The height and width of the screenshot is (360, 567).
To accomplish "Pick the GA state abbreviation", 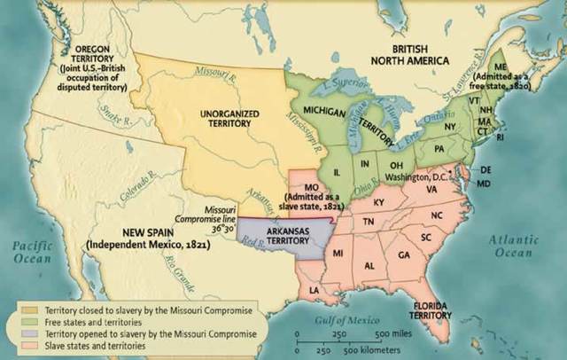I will pyautogui.click(x=404, y=254).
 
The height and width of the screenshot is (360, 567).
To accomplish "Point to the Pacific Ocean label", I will pyautogui.click(x=34, y=251).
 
